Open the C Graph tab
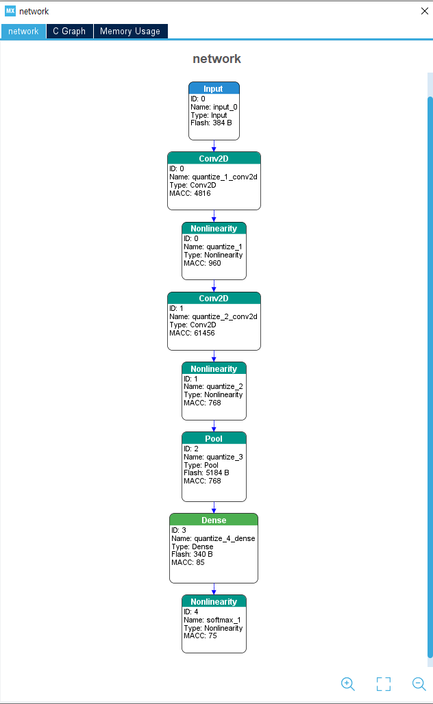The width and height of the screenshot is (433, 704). pyautogui.click(x=70, y=31)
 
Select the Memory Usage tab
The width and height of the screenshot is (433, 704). pyautogui.click(x=130, y=31)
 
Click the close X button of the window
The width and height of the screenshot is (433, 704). pyautogui.click(x=425, y=11)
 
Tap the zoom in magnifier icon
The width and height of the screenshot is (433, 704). pyautogui.click(x=348, y=683)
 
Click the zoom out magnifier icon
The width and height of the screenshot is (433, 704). pyautogui.click(x=419, y=683)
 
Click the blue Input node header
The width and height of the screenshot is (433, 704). pyautogui.click(x=214, y=88)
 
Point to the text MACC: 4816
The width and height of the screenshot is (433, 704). pyautogui.click(x=190, y=194)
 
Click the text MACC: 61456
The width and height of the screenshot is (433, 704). pyautogui.click(x=192, y=333)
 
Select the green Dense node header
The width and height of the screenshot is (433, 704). pyautogui.click(x=214, y=520)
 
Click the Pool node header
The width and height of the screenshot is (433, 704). pyautogui.click(x=214, y=438)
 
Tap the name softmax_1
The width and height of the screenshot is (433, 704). pyautogui.click(x=223, y=620)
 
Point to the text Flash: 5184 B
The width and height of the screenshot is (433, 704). pyautogui.click(x=206, y=473)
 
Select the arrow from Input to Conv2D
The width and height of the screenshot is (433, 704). pyautogui.click(x=214, y=146)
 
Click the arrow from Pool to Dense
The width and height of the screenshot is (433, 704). pyautogui.click(x=214, y=507)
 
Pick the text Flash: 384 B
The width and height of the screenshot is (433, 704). pyautogui.click(x=211, y=123)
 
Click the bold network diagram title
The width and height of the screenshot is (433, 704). pyautogui.click(x=217, y=59)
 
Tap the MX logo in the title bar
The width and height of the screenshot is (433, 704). pyautogui.click(x=10, y=11)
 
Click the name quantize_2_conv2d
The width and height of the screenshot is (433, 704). pyautogui.click(x=225, y=316)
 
